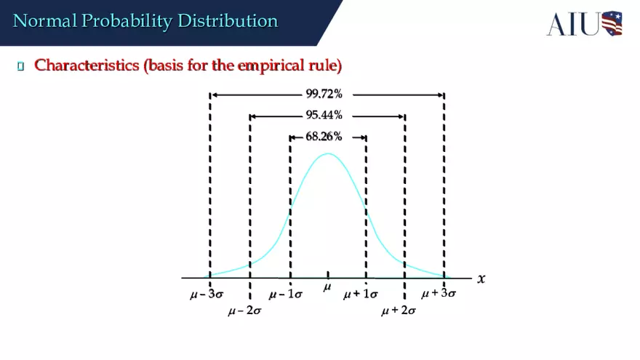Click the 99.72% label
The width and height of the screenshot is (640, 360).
[324, 95]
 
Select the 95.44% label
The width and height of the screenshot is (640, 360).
[324, 116]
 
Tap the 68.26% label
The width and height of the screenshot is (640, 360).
[324, 137]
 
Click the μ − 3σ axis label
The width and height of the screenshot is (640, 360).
[206, 295]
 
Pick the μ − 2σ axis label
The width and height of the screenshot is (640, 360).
[244, 311]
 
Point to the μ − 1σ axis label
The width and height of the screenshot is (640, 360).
[285, 295]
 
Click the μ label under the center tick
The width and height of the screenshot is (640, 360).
[327, 288]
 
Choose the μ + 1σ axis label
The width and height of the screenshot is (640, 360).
[361, 295]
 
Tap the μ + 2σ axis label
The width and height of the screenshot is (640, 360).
[399, 311]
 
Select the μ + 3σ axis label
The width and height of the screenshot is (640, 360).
[439, 294]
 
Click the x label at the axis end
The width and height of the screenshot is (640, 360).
[481, 279]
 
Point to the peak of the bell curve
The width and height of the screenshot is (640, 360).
[328, 153]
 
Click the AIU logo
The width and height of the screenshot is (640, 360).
[584, 23]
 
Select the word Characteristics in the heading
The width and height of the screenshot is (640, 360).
[87, 65]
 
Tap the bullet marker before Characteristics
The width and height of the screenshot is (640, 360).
[21, 67]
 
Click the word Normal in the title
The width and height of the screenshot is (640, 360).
[44, 21]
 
